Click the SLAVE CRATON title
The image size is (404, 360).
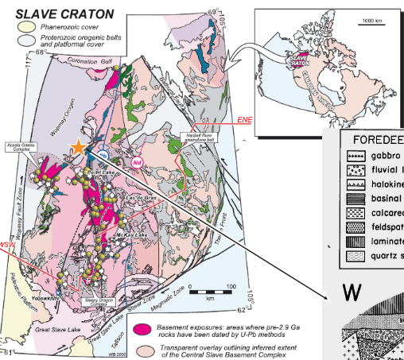tap(60, 14)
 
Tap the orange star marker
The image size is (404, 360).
tap(78, 147)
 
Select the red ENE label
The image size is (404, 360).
tap(245, 120)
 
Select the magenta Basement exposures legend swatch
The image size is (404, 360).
tap(143, 328)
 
